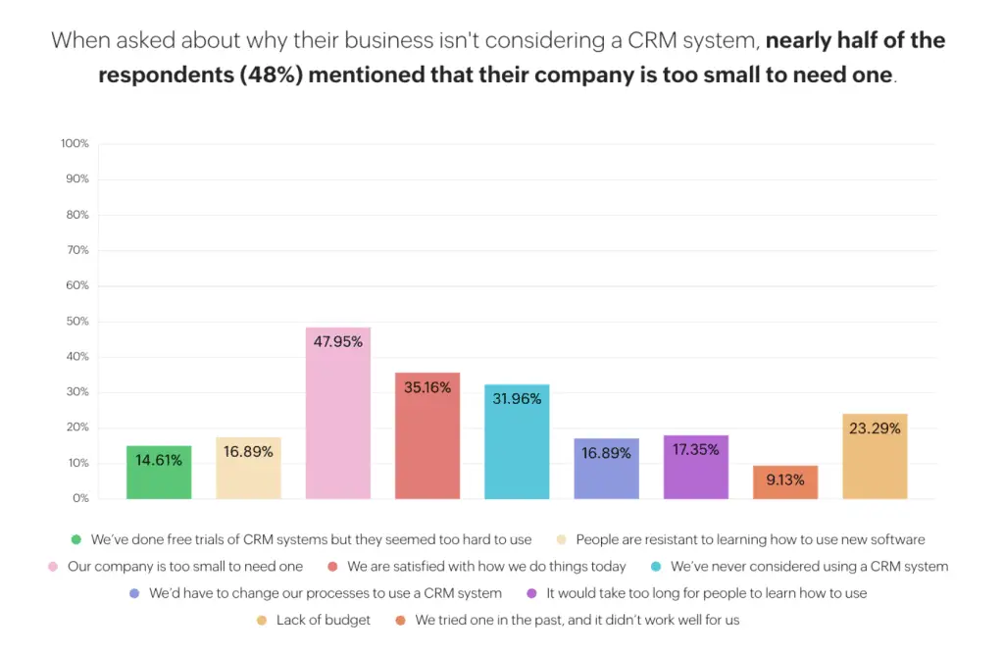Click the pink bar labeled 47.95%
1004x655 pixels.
337,413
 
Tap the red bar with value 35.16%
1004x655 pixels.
427,435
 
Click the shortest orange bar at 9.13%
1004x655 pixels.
785,481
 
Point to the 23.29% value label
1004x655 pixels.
875,428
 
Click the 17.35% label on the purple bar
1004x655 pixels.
696,450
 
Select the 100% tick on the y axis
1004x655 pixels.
75,144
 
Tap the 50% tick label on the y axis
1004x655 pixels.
77,322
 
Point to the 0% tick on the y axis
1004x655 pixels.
80,499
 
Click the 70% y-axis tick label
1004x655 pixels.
77,250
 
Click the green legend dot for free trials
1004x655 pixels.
75,539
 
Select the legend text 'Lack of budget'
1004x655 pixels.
325,621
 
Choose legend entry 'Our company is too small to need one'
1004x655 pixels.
185,567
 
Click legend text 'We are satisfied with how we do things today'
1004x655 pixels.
486,567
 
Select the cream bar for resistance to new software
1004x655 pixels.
248,468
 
